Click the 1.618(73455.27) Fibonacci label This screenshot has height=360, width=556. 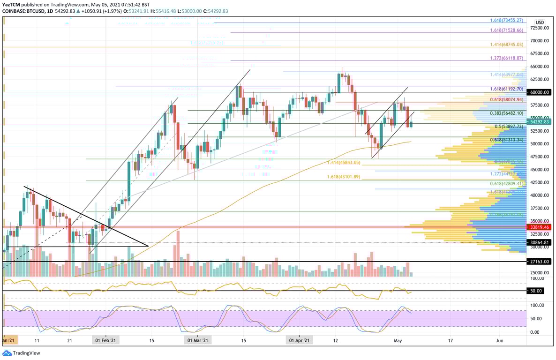[x=506, y=21]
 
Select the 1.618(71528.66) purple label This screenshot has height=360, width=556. [x=506, y=30]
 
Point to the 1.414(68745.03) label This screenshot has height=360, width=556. [x=506, y=44]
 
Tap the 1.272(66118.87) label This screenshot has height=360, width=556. [x=506, y=58]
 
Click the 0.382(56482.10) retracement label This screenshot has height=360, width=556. [x=506, y=113]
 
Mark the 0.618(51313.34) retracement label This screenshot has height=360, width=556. [x=506, y=140]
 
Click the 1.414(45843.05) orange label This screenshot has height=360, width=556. [x=344, y=163]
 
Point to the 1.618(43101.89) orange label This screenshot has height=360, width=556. [x=344, y=177]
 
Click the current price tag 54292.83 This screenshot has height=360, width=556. [x=540, y=122]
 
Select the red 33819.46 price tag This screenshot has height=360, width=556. [x=540, y=227]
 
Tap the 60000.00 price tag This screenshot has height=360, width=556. [x=540, y=92]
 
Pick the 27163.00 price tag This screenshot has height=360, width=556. [x=540, y=261]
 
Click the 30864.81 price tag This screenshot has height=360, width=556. [x=540, y=242]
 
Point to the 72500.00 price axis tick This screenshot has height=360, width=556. [x=540, y=28]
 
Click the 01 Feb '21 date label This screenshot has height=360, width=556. [x=106, y=340]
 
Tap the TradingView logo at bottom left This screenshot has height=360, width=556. [x=22, y=353]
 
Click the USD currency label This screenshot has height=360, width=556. [x=540, y=22]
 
